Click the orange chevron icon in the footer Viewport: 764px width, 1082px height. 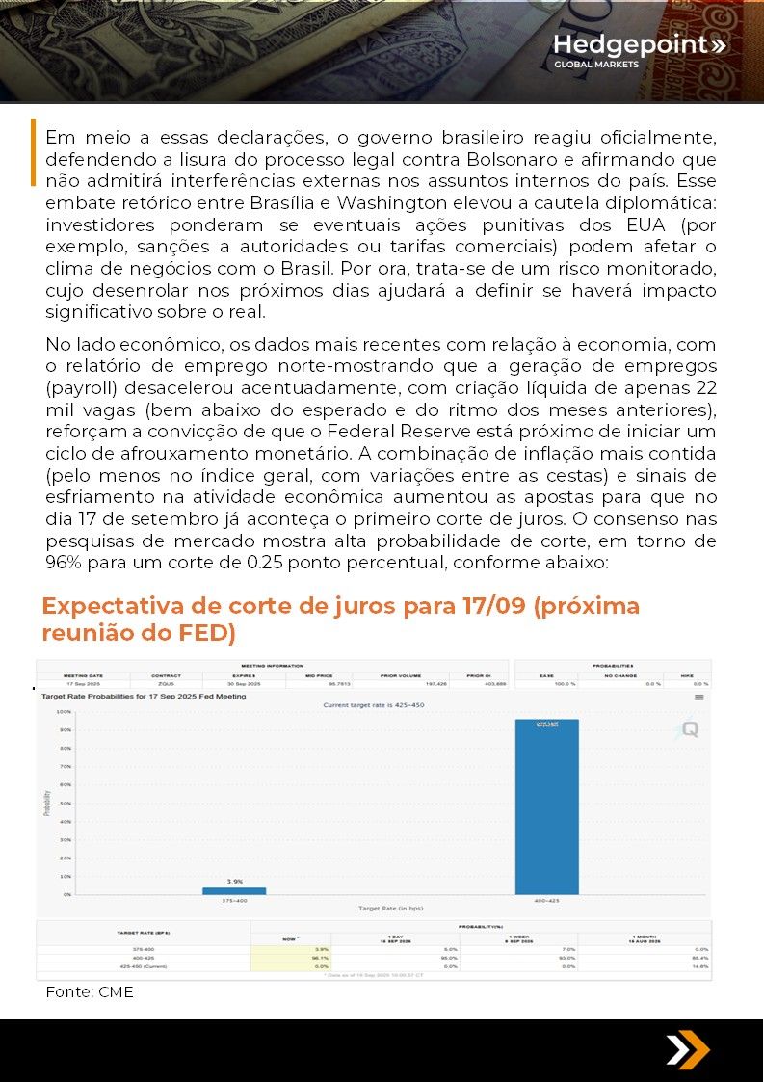point(688,1050)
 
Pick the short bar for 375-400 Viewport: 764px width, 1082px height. point(234,890)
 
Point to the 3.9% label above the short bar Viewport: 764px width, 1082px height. point(234,881)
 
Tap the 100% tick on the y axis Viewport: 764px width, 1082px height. point(65,712)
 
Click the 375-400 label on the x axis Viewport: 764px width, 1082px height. point(234,901)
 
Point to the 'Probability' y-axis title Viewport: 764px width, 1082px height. point(46,804)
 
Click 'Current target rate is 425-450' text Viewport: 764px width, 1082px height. point(373,705)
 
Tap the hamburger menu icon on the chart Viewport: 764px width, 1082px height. point(699,697)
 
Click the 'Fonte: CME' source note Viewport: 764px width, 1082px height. point(90,991)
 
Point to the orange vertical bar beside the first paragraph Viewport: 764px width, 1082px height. point(34,152)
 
